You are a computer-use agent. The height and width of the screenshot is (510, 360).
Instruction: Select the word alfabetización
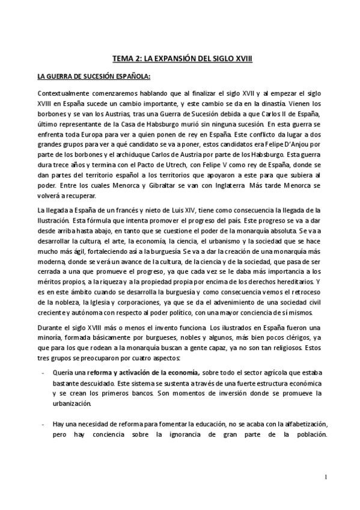[x=293, y=424]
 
